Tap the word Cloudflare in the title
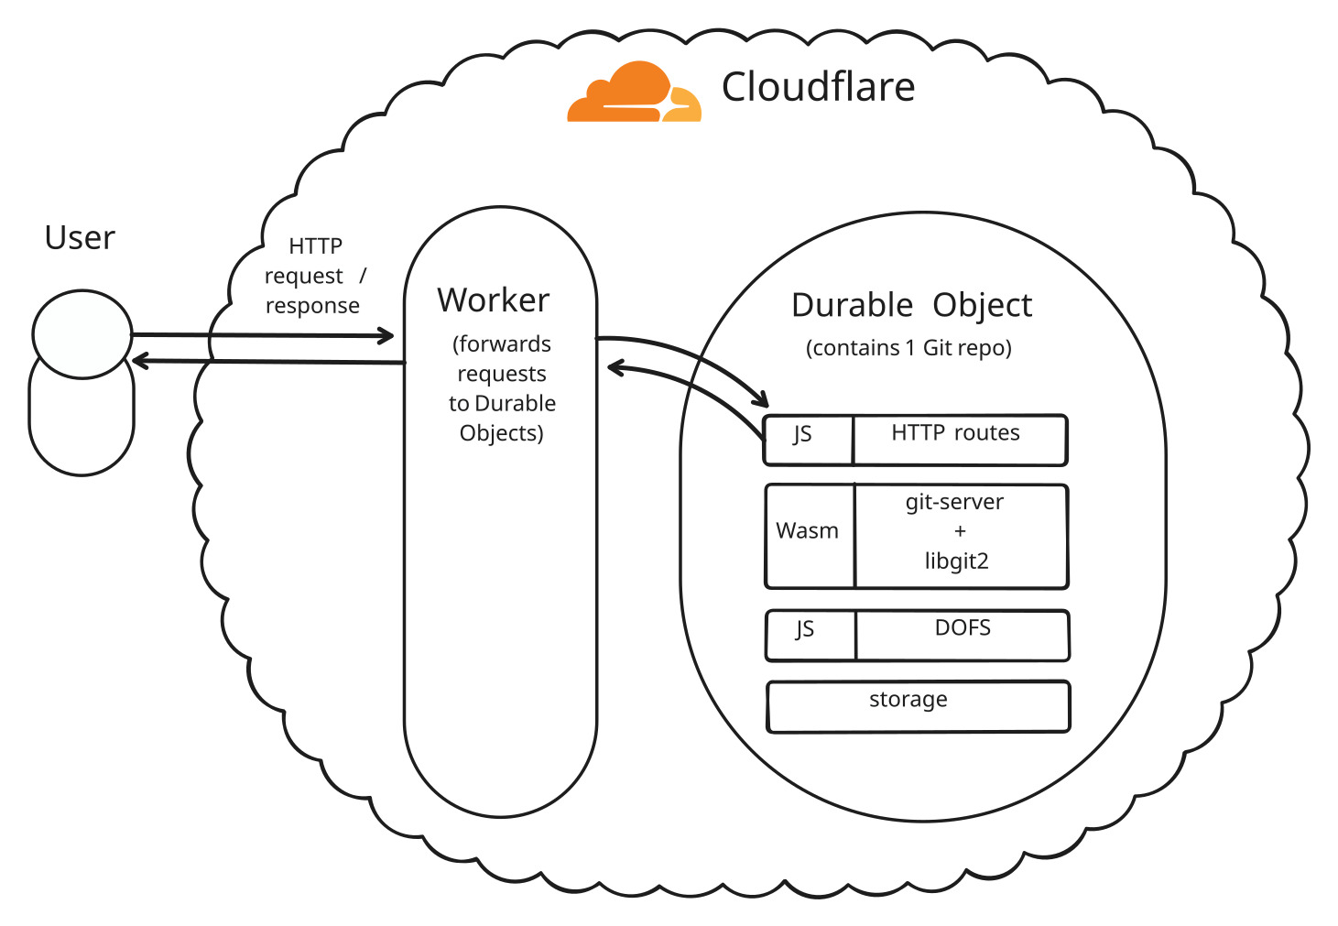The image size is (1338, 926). (x=818, y=87)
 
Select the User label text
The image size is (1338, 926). (x=80, y=238)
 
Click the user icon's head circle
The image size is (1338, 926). (x=82, y=334)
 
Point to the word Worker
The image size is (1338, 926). (x=493, y=300)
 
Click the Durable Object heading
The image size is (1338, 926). (x=911, y=306)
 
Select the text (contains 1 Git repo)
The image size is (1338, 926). (x=908, y=348)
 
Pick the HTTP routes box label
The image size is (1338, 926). (x=955, y=432)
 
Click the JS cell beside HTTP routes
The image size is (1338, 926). (x=808, y=441)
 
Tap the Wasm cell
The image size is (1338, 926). (x=810, y=537)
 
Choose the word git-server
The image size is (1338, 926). (x=954, y=502)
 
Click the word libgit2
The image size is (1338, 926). (x=956, y=561)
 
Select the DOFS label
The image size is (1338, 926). (x=963, y=628)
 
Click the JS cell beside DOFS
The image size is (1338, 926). (x=810, y=636)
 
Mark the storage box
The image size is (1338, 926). (x=918, y=707)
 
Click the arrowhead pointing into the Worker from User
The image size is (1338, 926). (x=386, y=336)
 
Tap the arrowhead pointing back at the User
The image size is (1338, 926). (x=140, y=360)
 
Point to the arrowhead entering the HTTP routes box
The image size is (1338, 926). (x=761, y=399)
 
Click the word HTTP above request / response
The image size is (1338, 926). (x=315, y=246)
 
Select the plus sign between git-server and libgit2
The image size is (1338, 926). (x=960, y=531)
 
